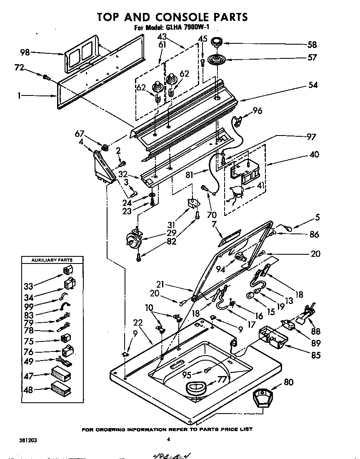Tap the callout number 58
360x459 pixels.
[x=312, y=45]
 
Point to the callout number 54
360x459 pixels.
[x=312, y=85]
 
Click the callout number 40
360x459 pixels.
[x=314, y=154]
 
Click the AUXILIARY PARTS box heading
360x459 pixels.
[x=52, y=260]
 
